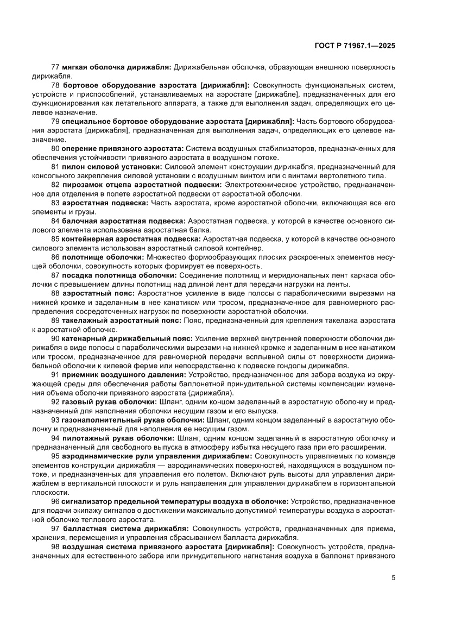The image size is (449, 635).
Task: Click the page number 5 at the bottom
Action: click(393, 577)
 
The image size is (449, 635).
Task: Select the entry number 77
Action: click(55, 67)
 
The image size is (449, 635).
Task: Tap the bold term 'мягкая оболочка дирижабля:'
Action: click(116, 67)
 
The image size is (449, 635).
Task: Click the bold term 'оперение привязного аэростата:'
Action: click(123, 148)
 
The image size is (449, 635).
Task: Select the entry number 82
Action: click(55, 185)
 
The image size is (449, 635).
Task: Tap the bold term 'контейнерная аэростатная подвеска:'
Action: click(131, 239)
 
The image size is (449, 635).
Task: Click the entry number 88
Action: click(55, 293)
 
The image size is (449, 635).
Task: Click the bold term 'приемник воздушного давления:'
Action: click(124, 374)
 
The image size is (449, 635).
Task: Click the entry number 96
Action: click(55, 501)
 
